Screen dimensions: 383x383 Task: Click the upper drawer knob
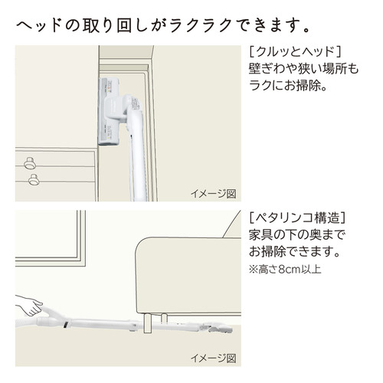point(30,162)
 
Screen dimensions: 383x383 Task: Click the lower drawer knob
point(34,179)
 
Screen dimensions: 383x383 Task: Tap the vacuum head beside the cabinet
point(109,111)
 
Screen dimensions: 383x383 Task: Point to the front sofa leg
point(148,323)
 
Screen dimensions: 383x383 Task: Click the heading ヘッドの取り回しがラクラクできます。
point(163,26)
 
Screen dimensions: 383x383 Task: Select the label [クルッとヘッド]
point(295,51)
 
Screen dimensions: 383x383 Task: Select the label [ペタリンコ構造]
point(297,218)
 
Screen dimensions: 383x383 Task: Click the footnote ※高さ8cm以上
point(285,269)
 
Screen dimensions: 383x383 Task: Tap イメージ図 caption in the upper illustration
point(214,194)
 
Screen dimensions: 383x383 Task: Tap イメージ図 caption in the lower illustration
point(214,358)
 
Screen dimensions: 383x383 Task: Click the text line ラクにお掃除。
point(288,85)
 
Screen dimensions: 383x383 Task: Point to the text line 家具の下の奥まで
point(296,234)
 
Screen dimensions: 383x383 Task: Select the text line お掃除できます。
point(295,251)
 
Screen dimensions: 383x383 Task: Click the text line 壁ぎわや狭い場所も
point(304,68)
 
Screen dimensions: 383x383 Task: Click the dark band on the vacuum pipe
point(66,323)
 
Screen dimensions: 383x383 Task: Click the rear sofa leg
point(164,318)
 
